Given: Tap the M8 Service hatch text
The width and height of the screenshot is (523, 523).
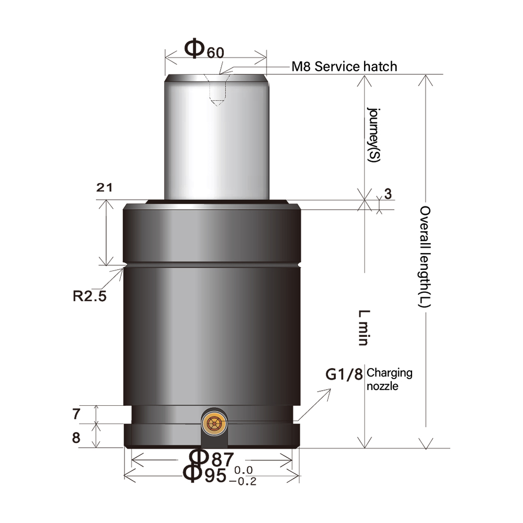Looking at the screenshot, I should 344,66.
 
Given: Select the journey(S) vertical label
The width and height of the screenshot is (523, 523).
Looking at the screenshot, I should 372,134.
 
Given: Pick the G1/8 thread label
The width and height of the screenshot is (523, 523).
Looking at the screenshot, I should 344,375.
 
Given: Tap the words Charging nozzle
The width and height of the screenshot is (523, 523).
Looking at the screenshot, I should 390,380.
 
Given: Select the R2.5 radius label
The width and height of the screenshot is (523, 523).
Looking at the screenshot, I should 89,297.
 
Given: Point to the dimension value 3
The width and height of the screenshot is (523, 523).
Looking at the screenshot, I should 388,194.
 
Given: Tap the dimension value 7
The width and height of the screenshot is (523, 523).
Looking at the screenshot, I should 76,414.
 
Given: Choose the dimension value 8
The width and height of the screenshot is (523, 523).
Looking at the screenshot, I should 76,437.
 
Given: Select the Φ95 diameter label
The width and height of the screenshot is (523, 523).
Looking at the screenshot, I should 204,475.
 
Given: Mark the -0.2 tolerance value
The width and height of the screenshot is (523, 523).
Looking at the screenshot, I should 243,482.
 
